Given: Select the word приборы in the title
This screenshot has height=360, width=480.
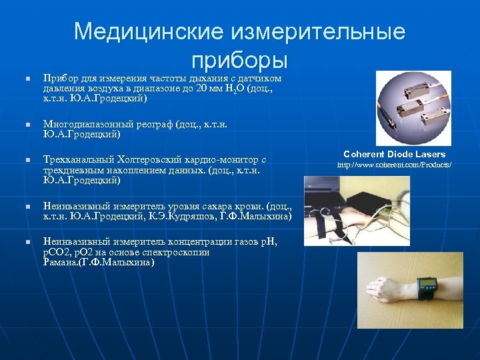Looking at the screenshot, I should click(239, 60).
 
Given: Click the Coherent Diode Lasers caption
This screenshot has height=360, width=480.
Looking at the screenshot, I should click(395, 154).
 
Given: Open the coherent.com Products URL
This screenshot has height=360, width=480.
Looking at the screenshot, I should click(395, 164).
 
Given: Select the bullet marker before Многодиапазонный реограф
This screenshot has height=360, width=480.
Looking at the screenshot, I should click(27, 125).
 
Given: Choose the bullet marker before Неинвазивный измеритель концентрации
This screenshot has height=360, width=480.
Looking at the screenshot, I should click(27, 243).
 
